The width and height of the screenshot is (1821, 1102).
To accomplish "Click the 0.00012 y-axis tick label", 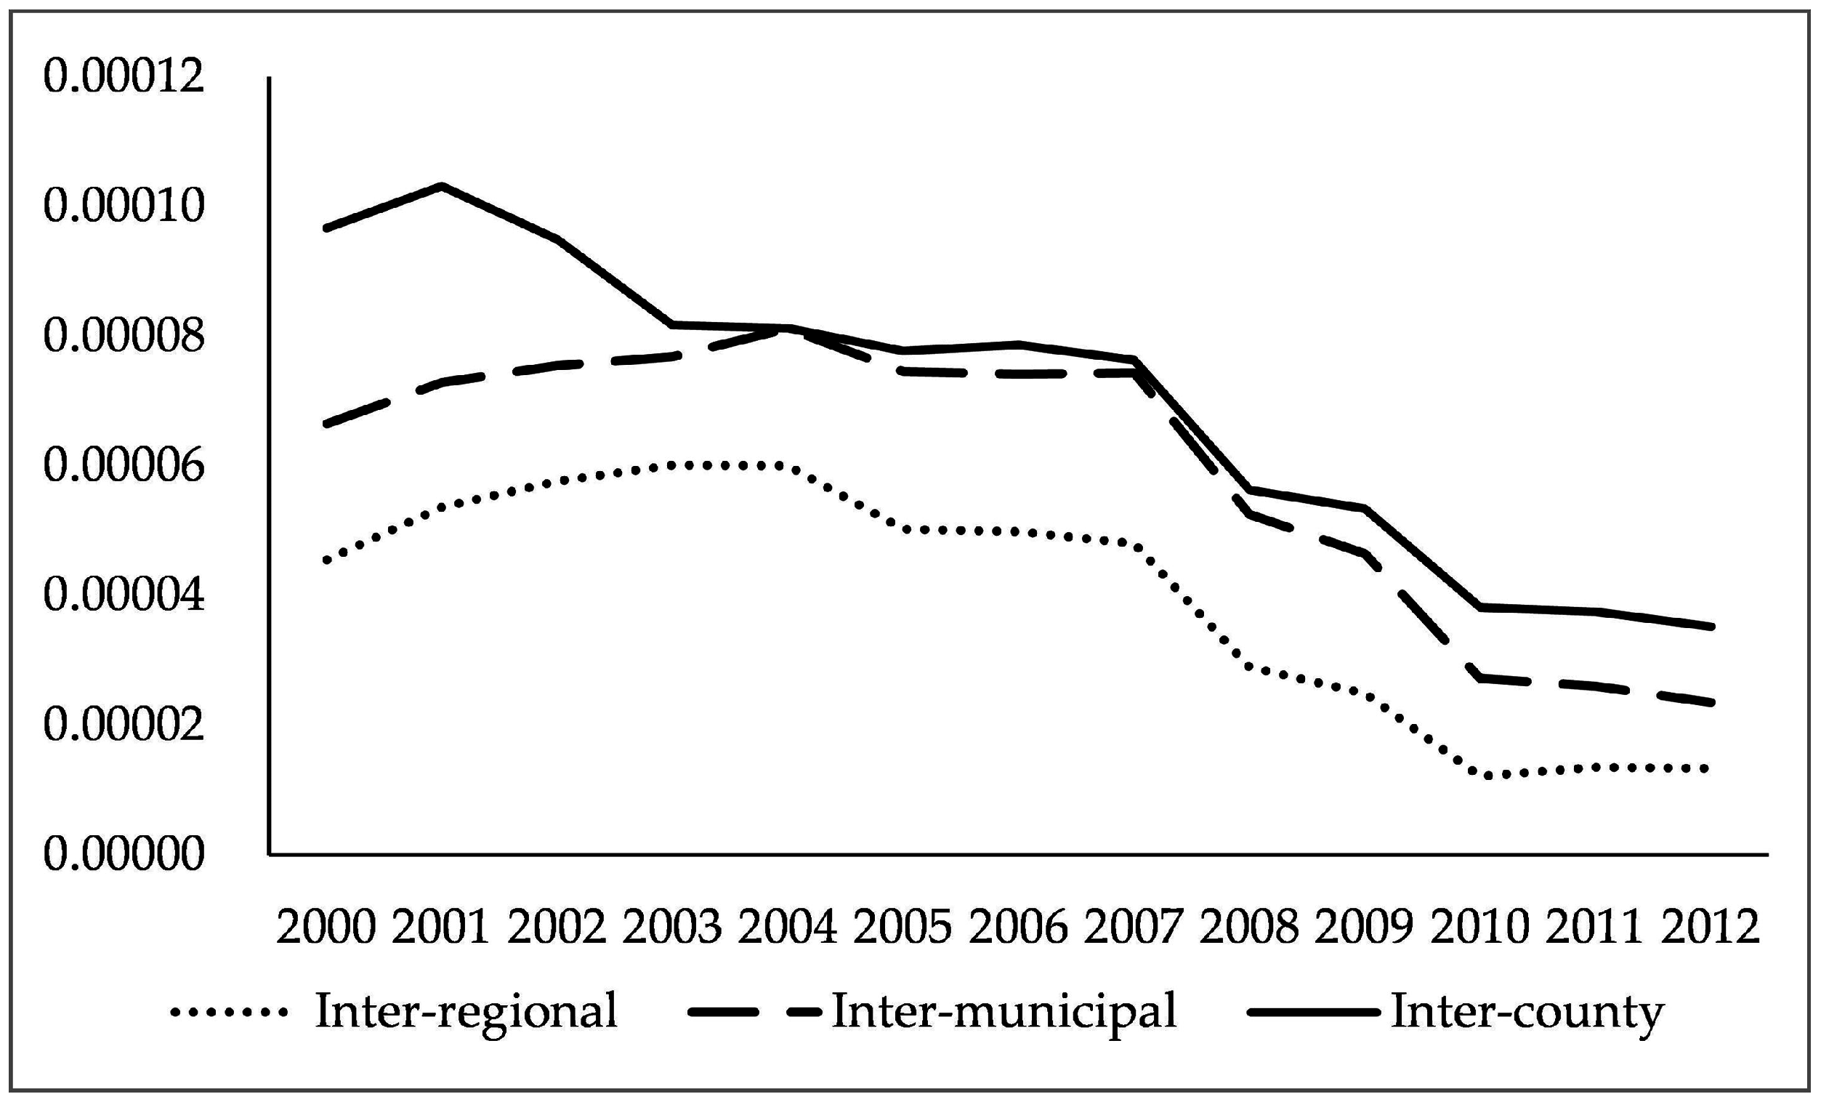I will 124,76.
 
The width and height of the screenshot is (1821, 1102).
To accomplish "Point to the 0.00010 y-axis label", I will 124,206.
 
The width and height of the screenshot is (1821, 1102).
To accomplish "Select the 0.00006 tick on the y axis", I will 124,466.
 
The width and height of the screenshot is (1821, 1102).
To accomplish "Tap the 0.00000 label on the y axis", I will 124,855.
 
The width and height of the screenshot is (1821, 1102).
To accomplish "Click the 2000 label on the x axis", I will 326,927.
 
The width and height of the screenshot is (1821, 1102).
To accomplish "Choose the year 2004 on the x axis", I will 788,927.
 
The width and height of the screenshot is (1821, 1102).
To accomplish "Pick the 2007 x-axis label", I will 1134,927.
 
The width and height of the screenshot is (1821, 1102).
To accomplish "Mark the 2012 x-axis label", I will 1710,927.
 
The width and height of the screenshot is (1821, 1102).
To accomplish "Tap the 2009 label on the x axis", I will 1364,927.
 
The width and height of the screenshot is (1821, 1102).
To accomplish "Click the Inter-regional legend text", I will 467,1010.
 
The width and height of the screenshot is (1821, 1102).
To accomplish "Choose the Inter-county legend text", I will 1527,1010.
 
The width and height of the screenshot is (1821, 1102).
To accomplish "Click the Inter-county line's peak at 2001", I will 441,185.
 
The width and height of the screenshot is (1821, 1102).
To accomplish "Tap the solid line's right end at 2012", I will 1711,627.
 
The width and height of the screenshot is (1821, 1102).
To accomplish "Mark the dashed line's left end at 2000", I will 326,425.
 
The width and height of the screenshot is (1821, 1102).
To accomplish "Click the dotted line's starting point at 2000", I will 326,561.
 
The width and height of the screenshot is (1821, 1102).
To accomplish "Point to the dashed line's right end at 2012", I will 1711,702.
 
